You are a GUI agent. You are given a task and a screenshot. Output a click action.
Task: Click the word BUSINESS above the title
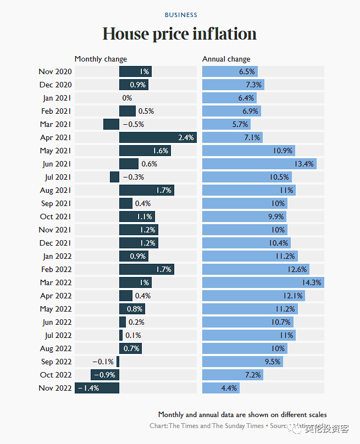181,15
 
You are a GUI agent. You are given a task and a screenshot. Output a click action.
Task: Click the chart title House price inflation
180,34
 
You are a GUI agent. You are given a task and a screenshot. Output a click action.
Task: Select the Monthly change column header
101,59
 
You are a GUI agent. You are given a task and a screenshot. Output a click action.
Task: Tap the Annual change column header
226,59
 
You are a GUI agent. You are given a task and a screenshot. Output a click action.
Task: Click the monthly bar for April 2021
157,137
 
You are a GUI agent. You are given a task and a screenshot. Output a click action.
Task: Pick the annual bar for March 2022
263,282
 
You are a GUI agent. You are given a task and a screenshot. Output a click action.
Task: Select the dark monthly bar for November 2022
97,388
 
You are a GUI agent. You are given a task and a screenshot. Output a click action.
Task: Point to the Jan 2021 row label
57,98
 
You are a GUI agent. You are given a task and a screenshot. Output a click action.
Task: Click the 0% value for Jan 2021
127,98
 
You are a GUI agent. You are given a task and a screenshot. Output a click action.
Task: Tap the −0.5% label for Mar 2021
133,124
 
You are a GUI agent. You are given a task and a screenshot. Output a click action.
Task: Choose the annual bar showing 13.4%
259,164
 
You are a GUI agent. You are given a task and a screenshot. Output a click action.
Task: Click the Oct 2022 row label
56,375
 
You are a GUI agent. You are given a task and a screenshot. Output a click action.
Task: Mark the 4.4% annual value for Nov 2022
229,388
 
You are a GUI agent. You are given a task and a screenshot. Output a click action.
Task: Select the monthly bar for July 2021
114,177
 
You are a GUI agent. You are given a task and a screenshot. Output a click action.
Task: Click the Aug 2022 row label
56,348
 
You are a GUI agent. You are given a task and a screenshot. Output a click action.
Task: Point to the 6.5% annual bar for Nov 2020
230,71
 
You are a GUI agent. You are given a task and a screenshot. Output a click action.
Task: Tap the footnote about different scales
242,414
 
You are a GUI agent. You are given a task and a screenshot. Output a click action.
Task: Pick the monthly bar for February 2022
146,269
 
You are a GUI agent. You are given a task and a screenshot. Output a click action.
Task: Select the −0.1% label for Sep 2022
103,362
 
